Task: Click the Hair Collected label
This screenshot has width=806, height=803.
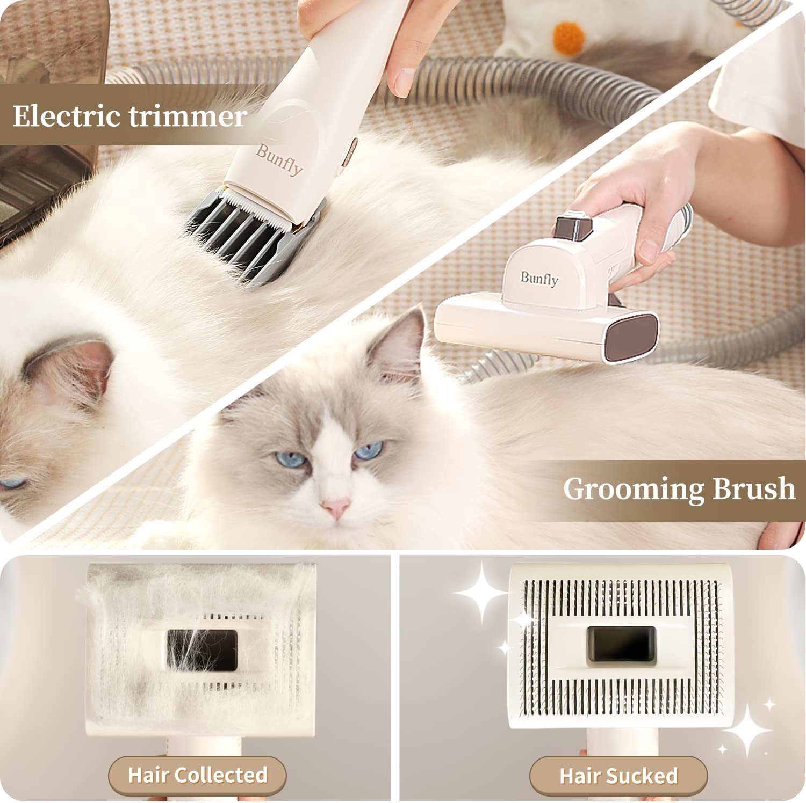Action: [198, 775]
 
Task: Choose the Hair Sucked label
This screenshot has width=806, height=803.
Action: [618, 776]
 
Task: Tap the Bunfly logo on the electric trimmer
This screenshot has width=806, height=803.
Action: [279, 160]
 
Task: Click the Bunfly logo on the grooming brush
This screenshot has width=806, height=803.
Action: [539, 279]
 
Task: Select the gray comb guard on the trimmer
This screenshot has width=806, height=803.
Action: [256, 237]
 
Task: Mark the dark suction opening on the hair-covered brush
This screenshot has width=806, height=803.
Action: [202, 649]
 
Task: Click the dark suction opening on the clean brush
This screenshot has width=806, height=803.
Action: [621, 646]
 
